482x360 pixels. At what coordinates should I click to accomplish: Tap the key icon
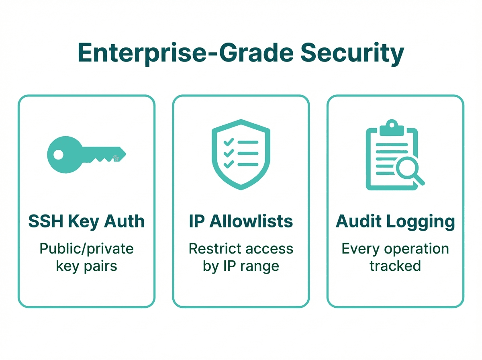pos(86,154)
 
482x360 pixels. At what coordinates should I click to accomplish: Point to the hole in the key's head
pos(59,154)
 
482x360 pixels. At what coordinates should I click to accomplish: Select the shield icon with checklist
pos(241,154)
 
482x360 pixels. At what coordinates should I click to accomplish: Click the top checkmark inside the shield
pos(229,142)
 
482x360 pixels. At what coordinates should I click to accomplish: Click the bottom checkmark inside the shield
pos(229,164)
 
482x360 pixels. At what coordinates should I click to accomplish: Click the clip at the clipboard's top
pos(392,128)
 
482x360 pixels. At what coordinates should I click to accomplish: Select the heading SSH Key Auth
pos(86,221)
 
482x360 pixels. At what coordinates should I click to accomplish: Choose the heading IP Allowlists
pos(241,221)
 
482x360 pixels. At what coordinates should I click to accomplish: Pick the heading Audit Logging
pos(395,221)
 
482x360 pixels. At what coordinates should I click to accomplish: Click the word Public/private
pos(86,249)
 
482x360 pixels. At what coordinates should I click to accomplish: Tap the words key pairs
pos(86,266)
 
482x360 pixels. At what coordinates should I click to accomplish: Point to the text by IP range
pos(241,266)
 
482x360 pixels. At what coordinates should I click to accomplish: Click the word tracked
pos(395,266)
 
